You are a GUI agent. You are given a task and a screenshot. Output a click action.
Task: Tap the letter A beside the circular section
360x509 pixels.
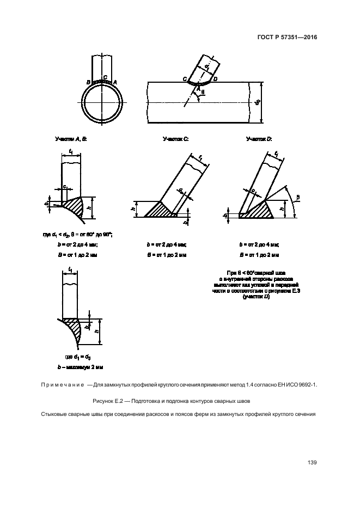tap(115, 81)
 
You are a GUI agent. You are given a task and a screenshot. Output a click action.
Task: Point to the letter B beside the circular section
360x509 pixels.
tap(88, 82)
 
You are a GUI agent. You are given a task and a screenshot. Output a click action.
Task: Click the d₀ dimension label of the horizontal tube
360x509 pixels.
tap(258, 102)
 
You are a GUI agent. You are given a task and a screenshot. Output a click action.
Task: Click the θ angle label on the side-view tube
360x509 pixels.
tap(204, 93)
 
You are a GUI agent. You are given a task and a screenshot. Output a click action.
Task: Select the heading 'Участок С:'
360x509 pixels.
tap(175, 139)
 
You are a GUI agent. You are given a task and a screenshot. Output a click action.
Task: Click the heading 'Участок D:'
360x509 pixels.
tap(259, 139)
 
